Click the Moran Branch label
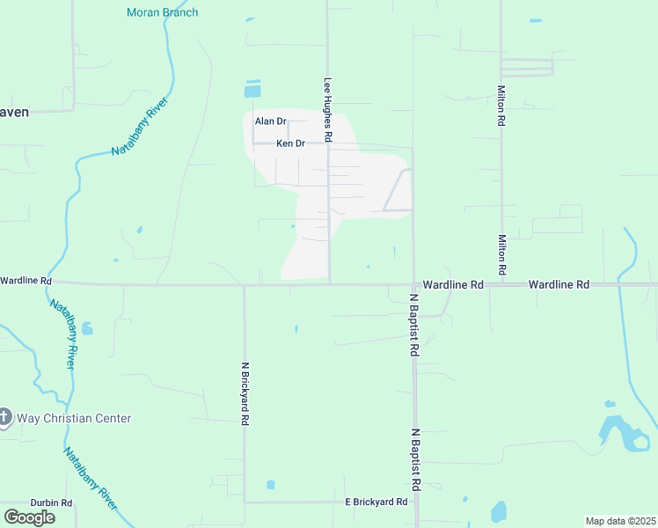(x=163, y=12)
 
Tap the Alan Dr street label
(x=270, y=121)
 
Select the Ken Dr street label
(x=290, y=143)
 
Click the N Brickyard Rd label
(x=245, y=393)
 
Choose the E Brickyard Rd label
(x=376, y=502)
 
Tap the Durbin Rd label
(x=51, y=502)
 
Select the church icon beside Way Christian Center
(x=4, y=417)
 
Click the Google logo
(x=29, y=517)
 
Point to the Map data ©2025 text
(x=621, y=521)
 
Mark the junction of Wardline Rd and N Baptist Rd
(x=413, y=284)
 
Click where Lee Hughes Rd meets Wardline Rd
(x=329, y=283)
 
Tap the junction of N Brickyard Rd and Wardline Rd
(x=245, y=284)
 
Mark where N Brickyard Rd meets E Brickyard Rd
(x=245, y=502)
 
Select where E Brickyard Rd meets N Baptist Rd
(x=415, y=502)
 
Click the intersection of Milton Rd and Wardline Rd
(x=501, y=284)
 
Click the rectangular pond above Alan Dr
(x=253, y=90)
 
